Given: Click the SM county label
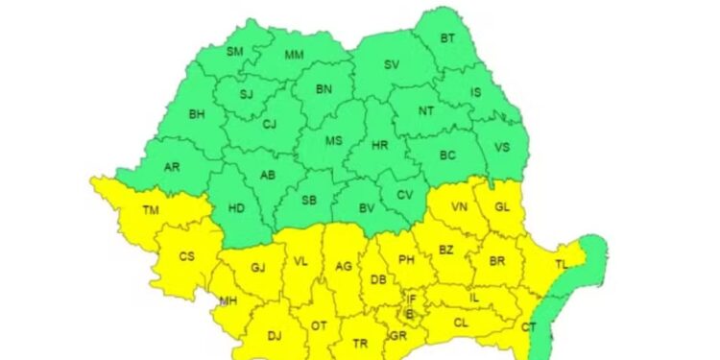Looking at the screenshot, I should [235, 52].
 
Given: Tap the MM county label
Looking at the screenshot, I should [295, 55].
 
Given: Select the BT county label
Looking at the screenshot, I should [446, 38].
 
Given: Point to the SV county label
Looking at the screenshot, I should [391, 65].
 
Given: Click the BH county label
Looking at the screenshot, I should [197, 114].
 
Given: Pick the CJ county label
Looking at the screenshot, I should [269, 124].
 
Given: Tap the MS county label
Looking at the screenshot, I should [333, 141].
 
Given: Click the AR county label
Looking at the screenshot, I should [172, 166].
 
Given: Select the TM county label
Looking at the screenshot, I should [151, 210].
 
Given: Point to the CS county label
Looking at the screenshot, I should [188, 257].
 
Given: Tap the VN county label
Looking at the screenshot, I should [460, 207].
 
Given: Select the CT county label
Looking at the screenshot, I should [528, 327].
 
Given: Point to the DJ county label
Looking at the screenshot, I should [275, 335].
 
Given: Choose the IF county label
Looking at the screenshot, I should [412, 300].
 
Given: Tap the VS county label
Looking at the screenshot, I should [501, 147].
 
